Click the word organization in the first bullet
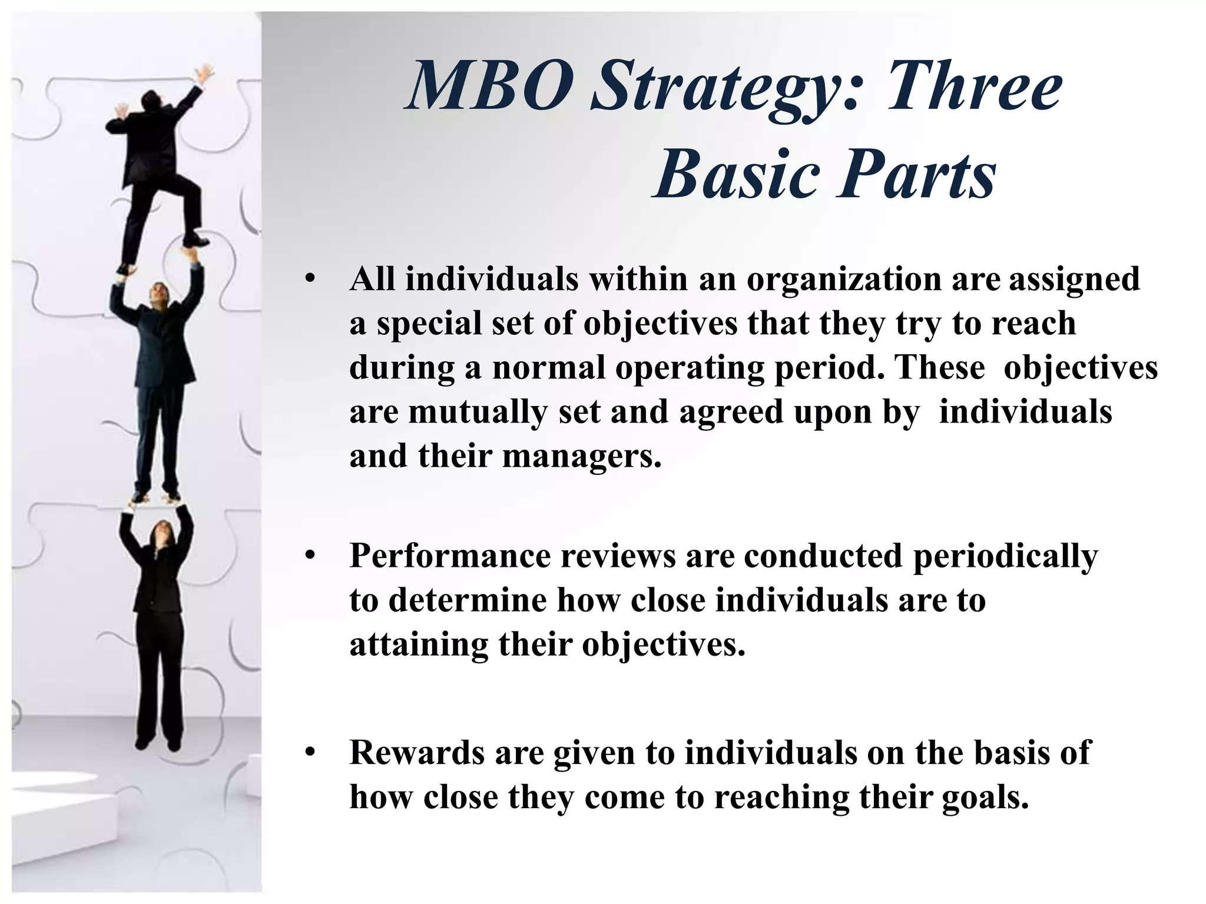coord(844,280)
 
